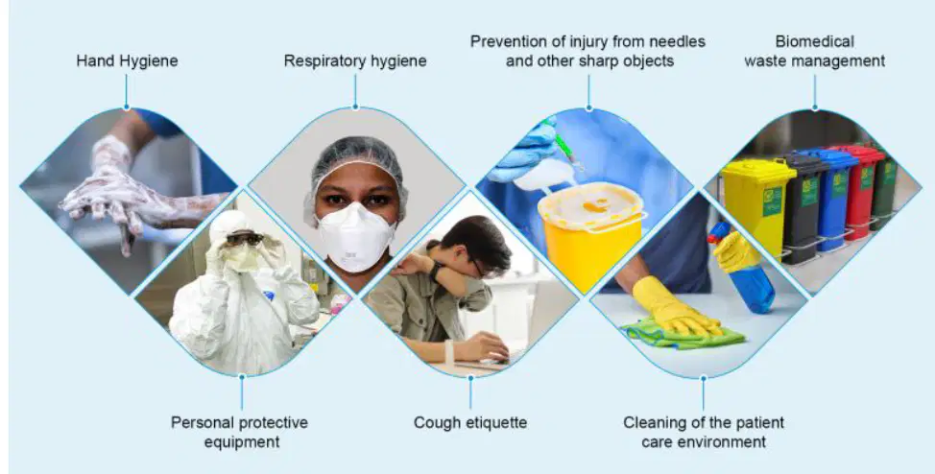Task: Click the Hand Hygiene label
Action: [x=127, y=60]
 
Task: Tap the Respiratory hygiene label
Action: [x=355, y=60]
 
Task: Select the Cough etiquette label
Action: [x=470, y=423]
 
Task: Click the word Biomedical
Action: [x=815, y=41]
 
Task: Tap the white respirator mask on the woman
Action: [x=355, y=236]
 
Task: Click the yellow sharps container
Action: [x=590, y=234]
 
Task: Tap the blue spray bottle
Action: [x=745, y=270]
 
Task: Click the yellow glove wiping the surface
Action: [x=674, y=308]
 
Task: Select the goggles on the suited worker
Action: [x=245, y=238]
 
